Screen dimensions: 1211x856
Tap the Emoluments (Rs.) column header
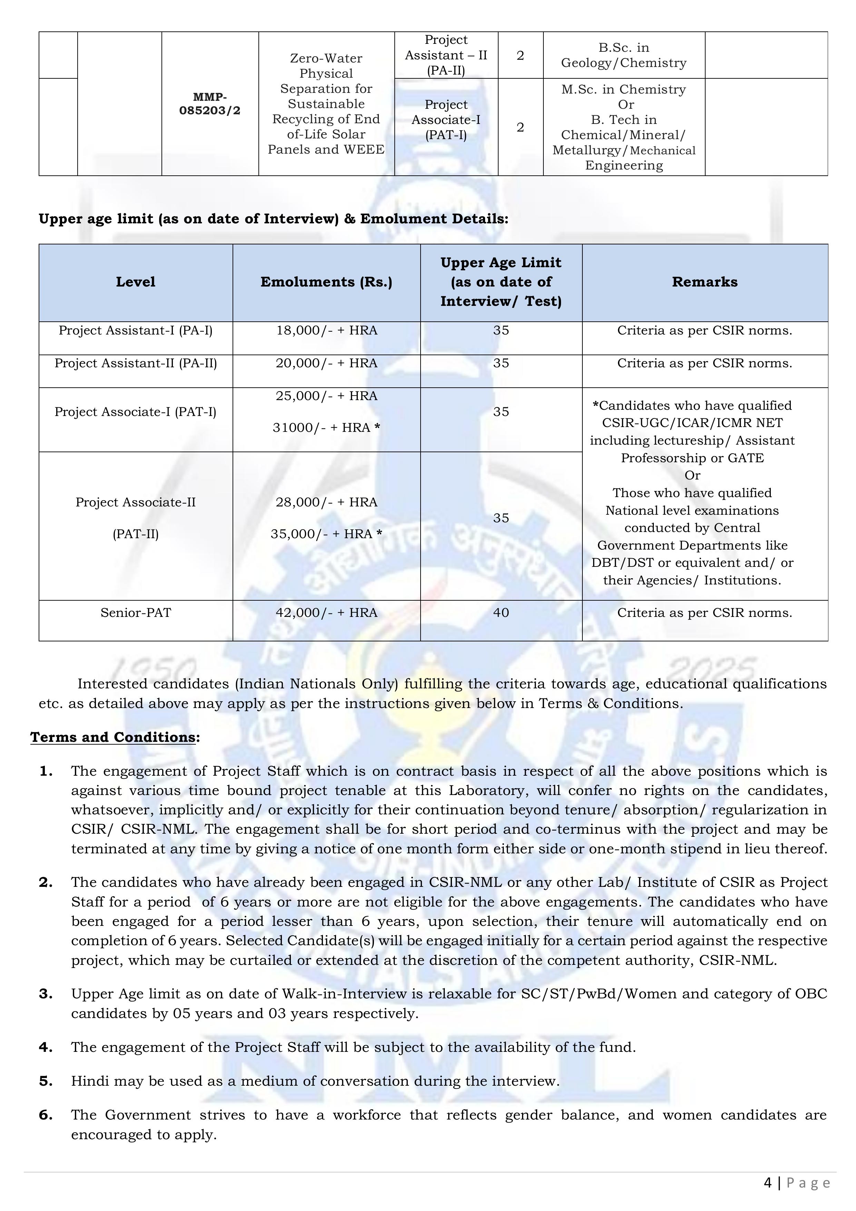point(326,282)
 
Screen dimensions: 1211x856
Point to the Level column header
point(136,282)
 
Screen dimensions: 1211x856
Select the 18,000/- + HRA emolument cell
point(326,331)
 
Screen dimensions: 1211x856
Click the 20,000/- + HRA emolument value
point(326,364)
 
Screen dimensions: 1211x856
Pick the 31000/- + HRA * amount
point(326,428)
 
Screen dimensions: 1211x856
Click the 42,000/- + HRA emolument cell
point(326,613)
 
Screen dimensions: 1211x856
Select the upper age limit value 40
point(501,613)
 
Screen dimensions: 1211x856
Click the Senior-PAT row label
point(136,613)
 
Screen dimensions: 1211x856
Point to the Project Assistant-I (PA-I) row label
point(136,331)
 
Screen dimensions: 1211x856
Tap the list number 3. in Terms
point(46,994)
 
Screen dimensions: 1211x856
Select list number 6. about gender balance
point(46,1115)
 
